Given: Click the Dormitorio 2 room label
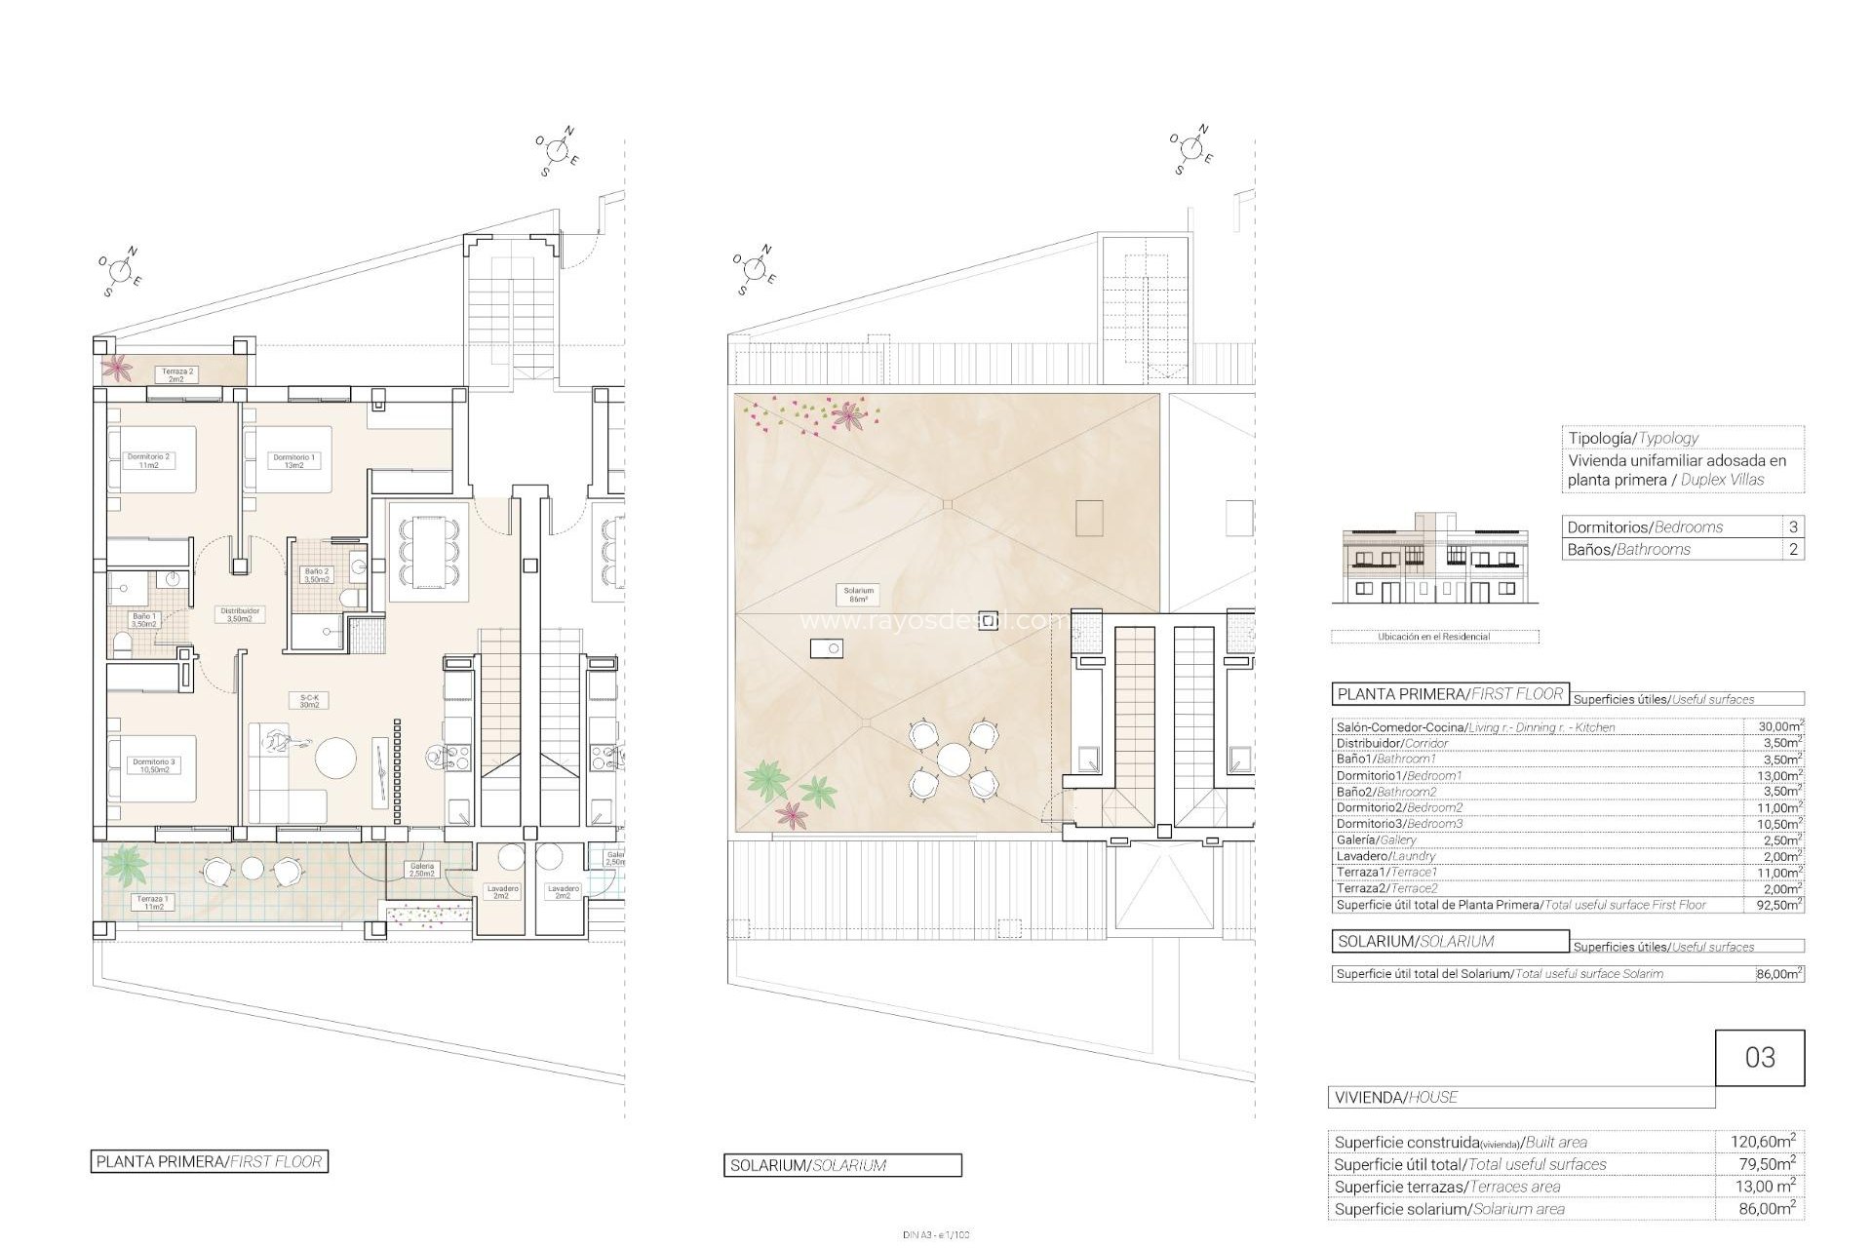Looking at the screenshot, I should point(148,460).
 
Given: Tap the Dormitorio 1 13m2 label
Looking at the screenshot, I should point(293,460).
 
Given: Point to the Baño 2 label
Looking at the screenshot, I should point(318,575).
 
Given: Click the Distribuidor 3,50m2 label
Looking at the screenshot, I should point(239,615).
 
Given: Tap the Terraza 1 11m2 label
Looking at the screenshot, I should point(152,903).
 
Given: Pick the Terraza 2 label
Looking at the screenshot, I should point(176,374).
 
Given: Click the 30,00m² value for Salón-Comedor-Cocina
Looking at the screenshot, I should point(1774,726).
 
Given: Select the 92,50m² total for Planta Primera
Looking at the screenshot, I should point(1774,904).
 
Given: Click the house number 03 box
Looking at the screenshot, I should point(1760,1058).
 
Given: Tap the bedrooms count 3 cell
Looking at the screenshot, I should point(1793,526).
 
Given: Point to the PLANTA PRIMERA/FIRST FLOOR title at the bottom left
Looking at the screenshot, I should point(209,1161).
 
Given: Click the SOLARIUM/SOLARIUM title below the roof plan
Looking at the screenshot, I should point(842,1165).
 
